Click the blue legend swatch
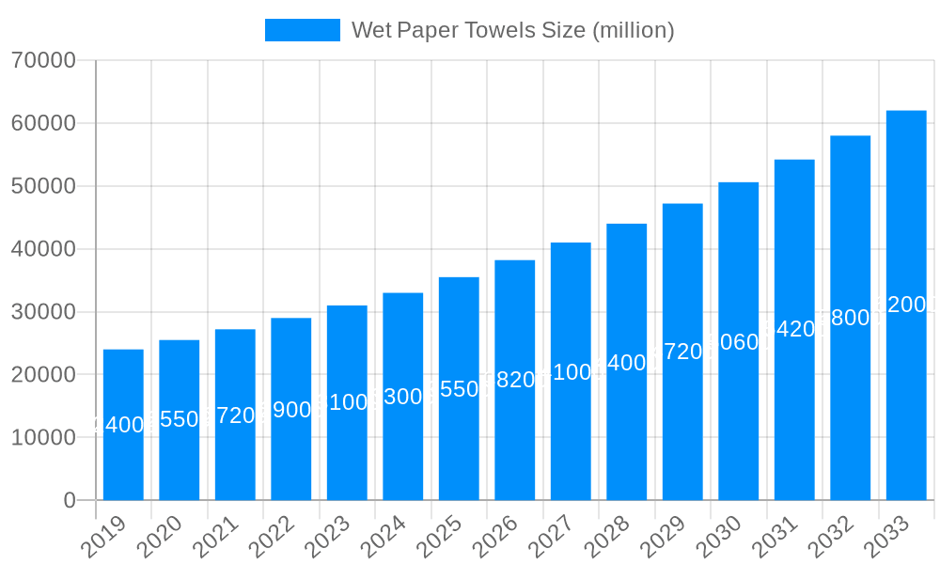[302, 30]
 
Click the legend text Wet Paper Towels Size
[512, 30]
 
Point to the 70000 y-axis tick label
[43, 60]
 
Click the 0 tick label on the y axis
[70, 500]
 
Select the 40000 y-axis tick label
[43, 249]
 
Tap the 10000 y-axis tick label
[43, 437]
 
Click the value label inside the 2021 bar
[235, 415]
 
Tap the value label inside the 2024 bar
[403, 397]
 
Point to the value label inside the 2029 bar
[682, 352]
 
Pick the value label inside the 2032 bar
[851, 318]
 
